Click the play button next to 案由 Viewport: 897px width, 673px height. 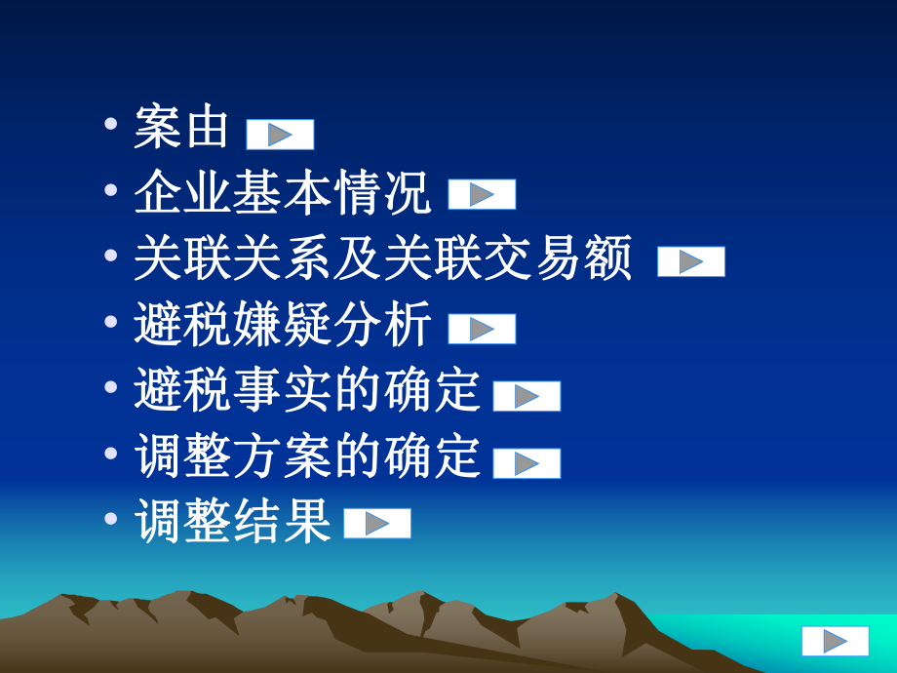280,135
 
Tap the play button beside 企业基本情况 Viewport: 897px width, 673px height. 482,195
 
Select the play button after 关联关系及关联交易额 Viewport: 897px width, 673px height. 691,261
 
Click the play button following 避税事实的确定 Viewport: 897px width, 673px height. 526,396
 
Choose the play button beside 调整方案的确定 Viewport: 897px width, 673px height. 526,462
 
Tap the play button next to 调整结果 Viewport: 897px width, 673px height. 377,524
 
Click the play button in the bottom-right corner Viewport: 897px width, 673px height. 835,641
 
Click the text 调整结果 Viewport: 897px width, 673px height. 232,523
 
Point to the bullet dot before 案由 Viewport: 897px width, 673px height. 113,126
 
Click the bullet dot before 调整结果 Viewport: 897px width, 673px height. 113,520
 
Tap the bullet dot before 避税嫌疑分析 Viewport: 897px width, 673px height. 113,323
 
